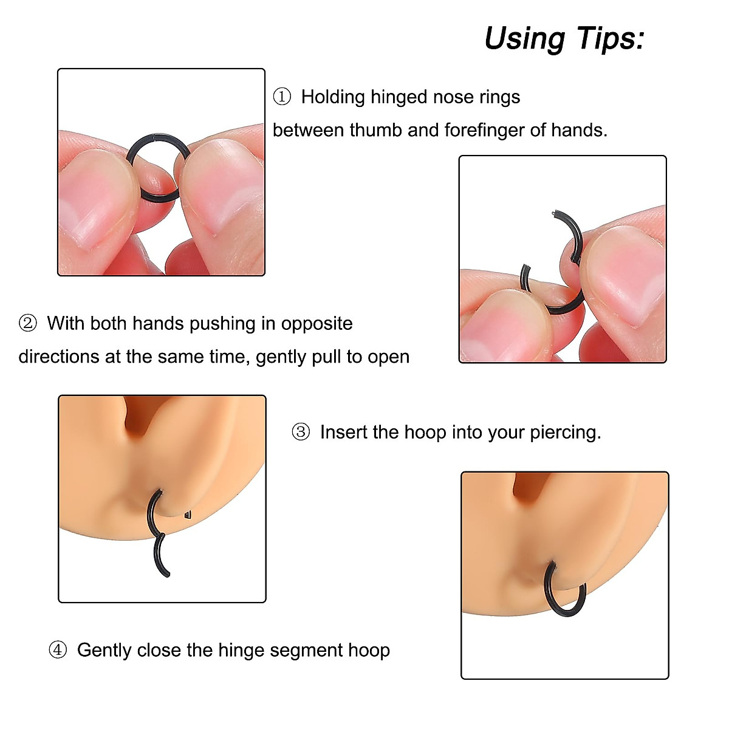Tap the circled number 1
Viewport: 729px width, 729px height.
click(x=282, y=97)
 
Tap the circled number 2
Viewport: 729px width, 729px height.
click(x=28, y=323)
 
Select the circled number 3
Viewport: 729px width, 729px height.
click(x=301, y=432)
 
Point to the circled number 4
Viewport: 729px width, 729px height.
click(x=58, y=650)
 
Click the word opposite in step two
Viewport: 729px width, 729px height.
click(x=317, y=323)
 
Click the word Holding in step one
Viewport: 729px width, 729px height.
click(x=333, y=97)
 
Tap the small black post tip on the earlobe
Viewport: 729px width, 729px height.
click(x=188, y=515)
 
